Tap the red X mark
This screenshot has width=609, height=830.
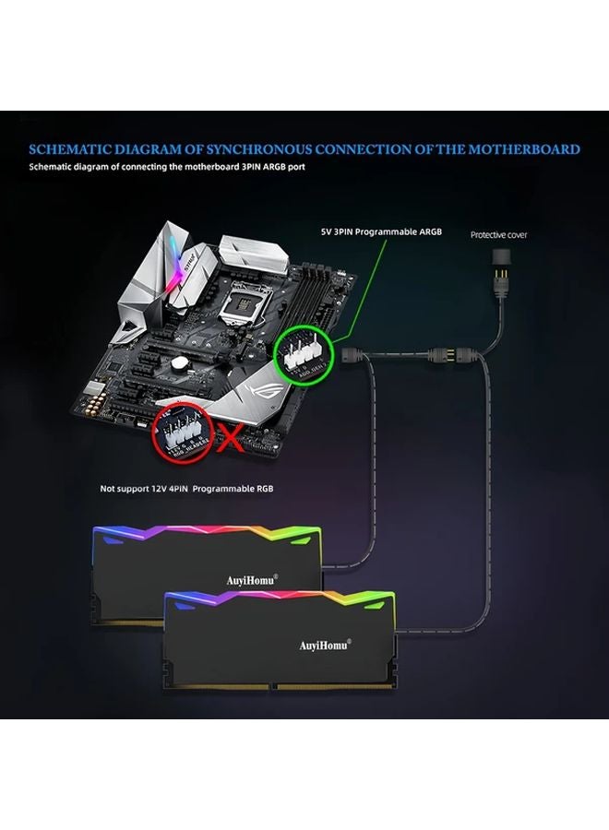(229, 437)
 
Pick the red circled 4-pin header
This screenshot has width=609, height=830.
(183, 432)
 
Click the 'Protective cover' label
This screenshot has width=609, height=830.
(498, 235)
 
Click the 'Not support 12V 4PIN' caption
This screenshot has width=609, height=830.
(186, 488)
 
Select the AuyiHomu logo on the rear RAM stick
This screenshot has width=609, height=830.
(252, 580)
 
